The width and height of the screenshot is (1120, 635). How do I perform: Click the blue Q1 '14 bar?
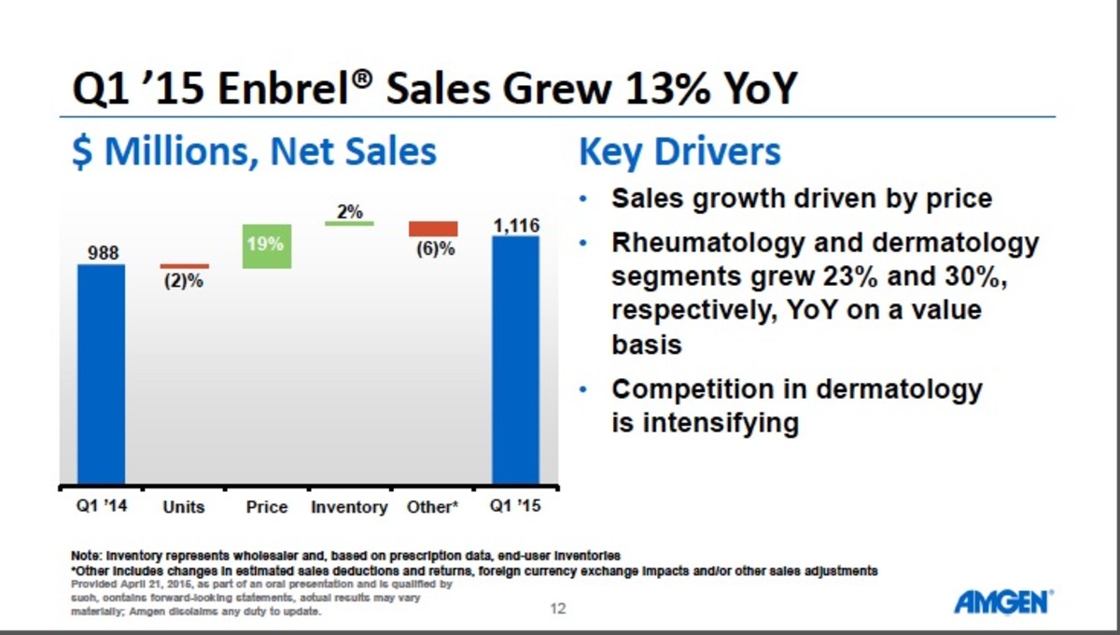pos(101,374)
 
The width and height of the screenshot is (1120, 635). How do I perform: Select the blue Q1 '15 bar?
pos(515,360)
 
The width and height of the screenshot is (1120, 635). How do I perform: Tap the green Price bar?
pos(266,247)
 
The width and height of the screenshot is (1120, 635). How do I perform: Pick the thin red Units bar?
pos(184,266)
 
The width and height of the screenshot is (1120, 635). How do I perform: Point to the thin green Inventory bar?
pos(349,223)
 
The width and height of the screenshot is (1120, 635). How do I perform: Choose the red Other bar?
pos(433,229)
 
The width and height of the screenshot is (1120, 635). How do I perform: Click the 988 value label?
pos(101,253)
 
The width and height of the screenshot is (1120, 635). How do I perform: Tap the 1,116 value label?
pos(515,225)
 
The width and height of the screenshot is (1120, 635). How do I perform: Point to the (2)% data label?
pos(184,281)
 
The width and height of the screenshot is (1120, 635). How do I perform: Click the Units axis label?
pos(183,507)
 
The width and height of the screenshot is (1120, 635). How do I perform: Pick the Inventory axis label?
pos(348,507)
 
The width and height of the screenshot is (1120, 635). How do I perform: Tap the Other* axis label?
pos(432,507)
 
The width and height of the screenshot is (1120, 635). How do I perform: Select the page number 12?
pos(558,609)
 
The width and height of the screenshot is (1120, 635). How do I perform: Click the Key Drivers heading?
pos(679,152)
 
